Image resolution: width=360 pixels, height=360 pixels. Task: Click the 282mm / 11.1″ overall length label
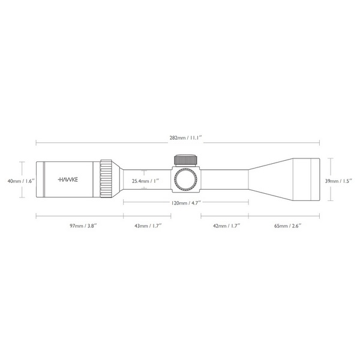coord(185,138)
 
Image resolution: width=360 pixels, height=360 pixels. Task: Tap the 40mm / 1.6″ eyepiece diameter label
coord(21,181)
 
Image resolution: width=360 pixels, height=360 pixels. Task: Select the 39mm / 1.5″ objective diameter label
coord(338,181)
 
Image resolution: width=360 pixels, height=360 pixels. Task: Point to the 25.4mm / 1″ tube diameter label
coord(145,181)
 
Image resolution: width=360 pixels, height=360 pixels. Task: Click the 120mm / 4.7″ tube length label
coord(186,203)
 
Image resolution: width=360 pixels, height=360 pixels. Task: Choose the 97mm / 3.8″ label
coord(83,226)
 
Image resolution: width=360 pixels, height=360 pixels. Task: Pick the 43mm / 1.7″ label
coord(148,226)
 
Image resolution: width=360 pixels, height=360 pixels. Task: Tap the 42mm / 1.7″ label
coord(227,226)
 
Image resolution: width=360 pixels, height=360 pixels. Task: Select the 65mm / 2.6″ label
coord(288,226)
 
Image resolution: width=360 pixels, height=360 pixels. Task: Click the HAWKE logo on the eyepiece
coord(68,179)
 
